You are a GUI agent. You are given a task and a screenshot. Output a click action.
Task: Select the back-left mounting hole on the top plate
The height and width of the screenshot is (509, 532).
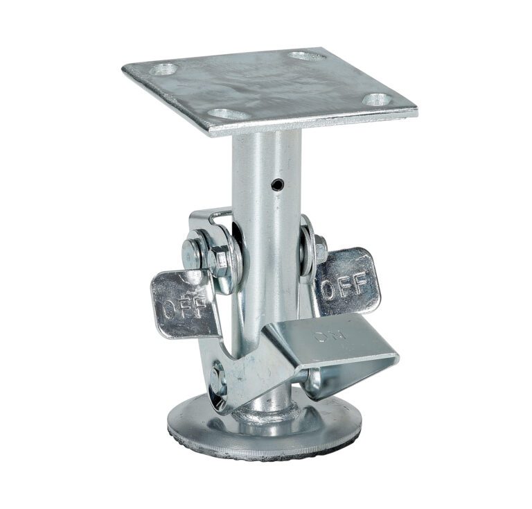click(x=164, y=69)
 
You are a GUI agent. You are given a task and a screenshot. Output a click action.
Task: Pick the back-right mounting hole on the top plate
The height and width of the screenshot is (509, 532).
click(x=307, y=55)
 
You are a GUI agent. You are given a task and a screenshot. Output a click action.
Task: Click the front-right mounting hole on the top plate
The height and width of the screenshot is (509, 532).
click(x=378, y=99)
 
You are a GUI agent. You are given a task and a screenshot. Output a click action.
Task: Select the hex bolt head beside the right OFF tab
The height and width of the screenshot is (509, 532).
click(x=321, y=249)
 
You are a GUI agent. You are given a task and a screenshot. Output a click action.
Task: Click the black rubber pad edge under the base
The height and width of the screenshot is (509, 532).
click(x=263, y=451)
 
